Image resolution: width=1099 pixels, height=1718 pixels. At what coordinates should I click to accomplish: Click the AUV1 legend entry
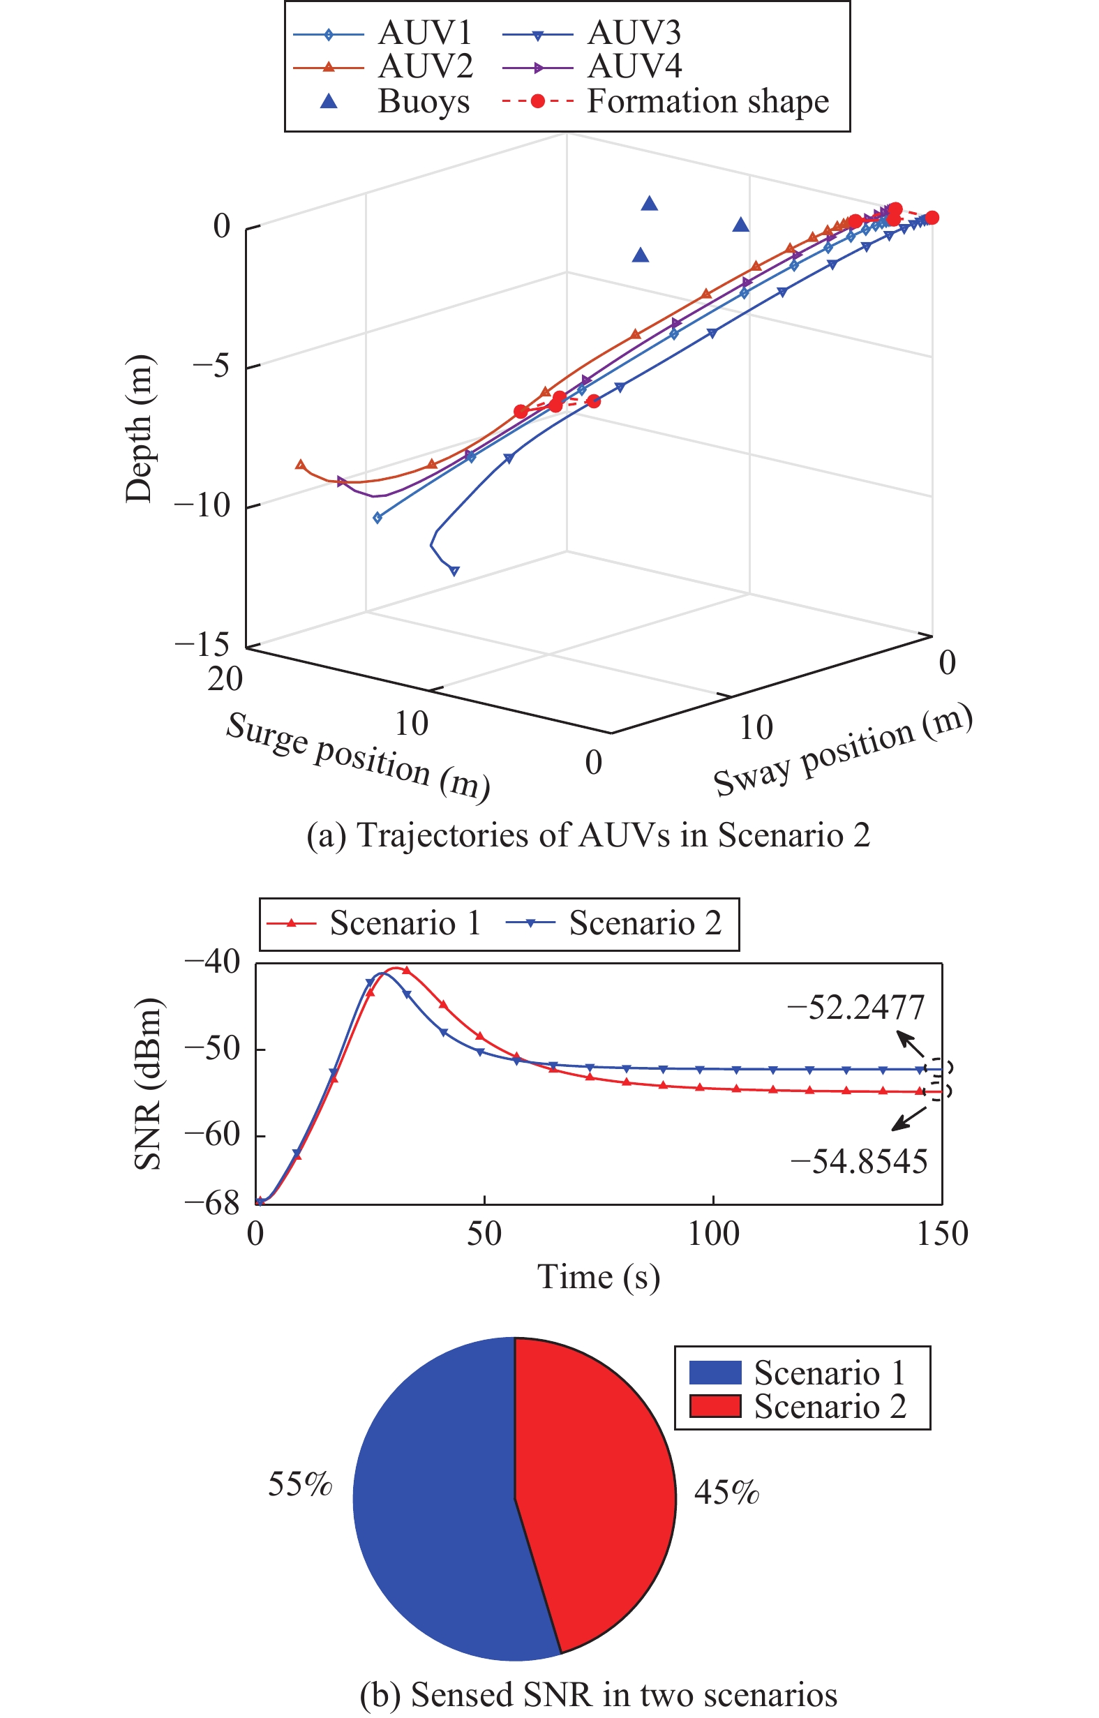[425, 33]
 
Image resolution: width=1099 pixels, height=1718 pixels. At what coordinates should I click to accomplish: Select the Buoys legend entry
[423, 101]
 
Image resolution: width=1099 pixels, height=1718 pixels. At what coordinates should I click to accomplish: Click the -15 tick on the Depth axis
[202, 644]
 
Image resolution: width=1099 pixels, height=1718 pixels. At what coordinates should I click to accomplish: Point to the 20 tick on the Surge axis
[225, 679]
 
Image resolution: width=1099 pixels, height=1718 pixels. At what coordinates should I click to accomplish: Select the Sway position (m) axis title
[843, 750]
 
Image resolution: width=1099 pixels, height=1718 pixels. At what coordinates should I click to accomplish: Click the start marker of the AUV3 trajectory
[454, 571]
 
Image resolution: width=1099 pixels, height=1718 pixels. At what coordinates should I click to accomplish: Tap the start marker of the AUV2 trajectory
[301, 465]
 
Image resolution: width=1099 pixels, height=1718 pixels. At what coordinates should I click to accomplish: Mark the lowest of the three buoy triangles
[640, 255]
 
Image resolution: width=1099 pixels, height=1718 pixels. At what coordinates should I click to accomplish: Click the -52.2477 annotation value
[855, 1008]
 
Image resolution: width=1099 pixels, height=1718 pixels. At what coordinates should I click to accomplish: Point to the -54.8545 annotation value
[858, 1162]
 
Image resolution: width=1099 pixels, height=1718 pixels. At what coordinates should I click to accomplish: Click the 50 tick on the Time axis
[484, 1234]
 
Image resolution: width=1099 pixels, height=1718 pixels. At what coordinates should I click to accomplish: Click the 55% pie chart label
[300, 1485]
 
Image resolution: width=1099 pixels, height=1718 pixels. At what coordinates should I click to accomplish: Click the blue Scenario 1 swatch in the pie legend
[715, 1373]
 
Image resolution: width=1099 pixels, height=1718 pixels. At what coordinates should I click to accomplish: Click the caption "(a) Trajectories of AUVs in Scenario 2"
[588, 835]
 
